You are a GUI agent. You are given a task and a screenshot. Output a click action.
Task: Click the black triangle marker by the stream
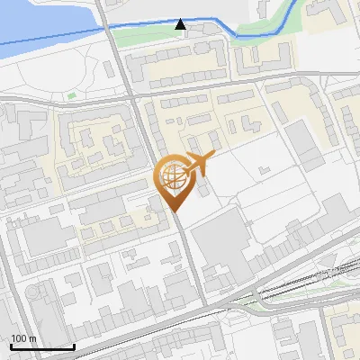tap(181, 24)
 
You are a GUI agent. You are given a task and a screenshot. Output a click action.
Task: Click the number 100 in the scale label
tap(20, 338)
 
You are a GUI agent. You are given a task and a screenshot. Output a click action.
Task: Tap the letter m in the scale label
tap(33, 338)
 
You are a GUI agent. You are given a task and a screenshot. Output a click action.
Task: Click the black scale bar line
tap(42, 346)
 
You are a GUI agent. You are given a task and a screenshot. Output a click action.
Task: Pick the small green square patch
tap(71, 94)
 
